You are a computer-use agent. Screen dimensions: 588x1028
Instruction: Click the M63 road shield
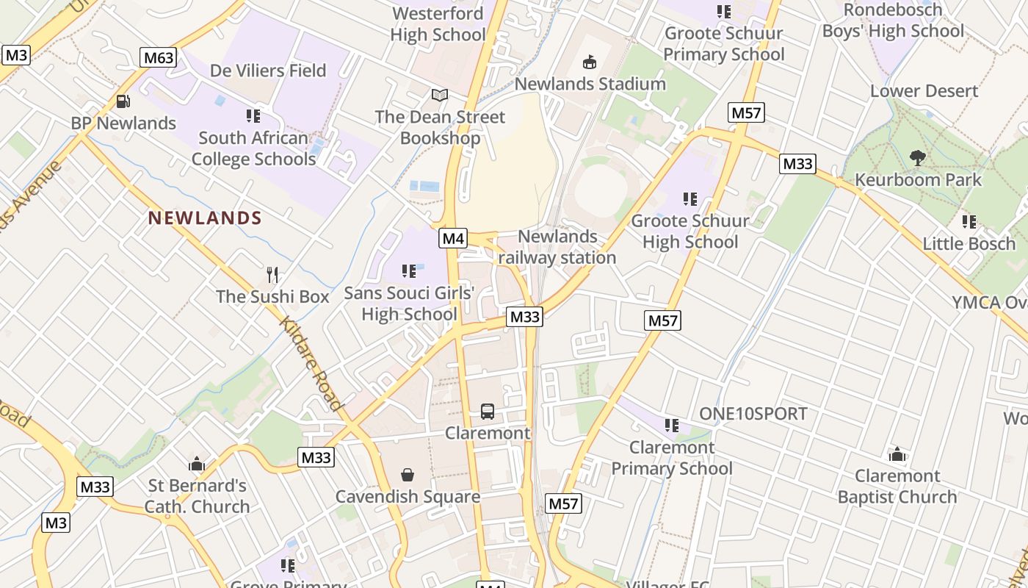159,57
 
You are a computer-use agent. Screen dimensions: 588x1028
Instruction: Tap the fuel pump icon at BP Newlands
123,101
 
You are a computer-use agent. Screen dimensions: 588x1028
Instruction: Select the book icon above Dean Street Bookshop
439,96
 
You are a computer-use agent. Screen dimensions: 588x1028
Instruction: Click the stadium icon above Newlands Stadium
589,62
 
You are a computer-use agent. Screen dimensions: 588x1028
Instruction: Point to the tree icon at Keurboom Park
917,157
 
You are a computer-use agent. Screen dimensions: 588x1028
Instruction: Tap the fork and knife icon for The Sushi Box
272,275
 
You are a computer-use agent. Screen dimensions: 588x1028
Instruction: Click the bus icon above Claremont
487,412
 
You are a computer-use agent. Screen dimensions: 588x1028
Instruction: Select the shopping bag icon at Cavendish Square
408,476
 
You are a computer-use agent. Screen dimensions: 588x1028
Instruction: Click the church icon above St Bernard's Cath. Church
196,464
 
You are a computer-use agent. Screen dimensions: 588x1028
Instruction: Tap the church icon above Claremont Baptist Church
897,454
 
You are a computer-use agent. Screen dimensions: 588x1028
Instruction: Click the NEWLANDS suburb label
205,218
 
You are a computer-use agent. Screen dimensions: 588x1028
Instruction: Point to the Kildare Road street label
311,365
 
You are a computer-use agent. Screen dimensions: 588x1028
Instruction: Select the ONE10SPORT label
753,414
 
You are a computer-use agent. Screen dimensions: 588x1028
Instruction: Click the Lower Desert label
924,91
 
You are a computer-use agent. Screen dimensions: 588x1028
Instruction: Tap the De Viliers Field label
268,71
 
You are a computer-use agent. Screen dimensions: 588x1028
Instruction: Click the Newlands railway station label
557,247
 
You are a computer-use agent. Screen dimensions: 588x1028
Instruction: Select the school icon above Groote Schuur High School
689,199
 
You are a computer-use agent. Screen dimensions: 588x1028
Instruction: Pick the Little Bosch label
969,243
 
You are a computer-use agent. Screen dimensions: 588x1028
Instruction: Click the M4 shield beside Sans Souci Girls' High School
453,238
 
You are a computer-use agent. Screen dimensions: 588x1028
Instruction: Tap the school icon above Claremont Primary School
671,426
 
